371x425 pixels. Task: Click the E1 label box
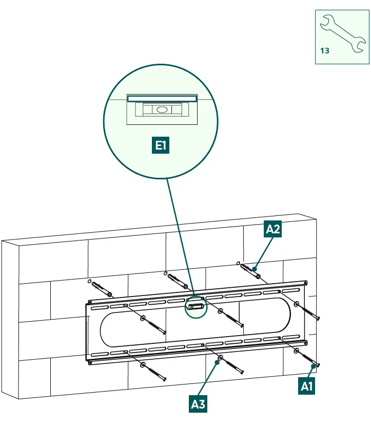coord(161,145)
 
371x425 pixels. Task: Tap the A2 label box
coord(273,229)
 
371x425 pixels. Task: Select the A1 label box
coord(306,386)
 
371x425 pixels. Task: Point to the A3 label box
coord(198,404)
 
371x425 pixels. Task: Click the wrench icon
coord(342,33)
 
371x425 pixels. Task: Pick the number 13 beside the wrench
coord(325,51)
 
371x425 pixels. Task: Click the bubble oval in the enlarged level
coord(162,109)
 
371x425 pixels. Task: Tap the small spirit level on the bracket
coord(196,306)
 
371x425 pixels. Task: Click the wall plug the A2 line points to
coord(250,271)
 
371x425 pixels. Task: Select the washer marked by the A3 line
coord(221,358)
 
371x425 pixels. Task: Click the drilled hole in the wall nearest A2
coord(238,263)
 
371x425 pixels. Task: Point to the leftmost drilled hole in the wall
coord(89,281)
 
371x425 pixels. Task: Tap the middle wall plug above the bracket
coord(178,282)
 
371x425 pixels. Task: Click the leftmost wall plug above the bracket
coord(102,289)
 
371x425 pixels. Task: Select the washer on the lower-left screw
coord(143,365)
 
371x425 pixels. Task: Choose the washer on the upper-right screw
coord(297,304)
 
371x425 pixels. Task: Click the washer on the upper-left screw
coord(143,318)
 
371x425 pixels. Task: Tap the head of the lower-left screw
coord(164,379)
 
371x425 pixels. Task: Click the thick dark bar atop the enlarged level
coord(162,99)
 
